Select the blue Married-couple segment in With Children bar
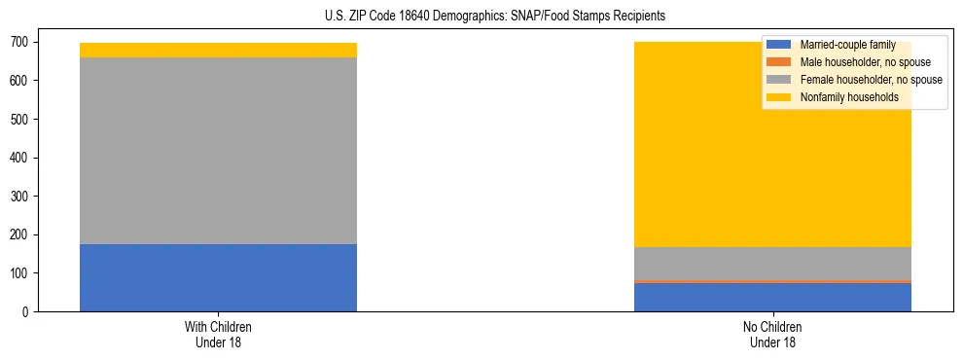[x=218, y=277]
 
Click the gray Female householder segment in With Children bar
[x=218, y=151]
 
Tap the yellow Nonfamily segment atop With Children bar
[x=218, y=50]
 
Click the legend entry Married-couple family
[x=847, y=45]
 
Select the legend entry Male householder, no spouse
[x=865, y=62]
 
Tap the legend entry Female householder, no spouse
[x=871, y=80]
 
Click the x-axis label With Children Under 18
[x=218, y=334]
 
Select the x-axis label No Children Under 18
[x=772, y=334]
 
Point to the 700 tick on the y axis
[x=19, y=42]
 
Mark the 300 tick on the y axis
[x=19, y=197]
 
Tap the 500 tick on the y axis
[x=19, y=119]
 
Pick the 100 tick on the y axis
[x=19, y=273]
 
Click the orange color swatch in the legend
[x=779, y=62]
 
